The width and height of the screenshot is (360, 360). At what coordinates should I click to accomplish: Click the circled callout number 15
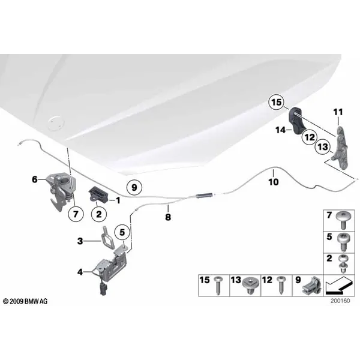[x=277, y=102]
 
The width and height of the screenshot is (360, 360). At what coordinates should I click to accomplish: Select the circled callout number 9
[x=134, y=188]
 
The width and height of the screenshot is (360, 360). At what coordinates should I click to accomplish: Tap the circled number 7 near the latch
[x=76, y=214]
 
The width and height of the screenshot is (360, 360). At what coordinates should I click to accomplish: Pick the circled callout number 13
[x=323, y=146]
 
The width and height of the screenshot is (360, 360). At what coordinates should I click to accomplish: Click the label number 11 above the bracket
[x=338, y=112]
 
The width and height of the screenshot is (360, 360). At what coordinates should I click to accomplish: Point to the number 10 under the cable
[x=274, y=182]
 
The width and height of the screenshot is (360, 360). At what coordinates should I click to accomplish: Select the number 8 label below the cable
[x=168, y=217]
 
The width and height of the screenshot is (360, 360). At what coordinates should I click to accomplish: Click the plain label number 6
[x=35, y=179]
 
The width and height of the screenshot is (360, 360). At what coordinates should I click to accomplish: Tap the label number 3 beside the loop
[x=80, y=241]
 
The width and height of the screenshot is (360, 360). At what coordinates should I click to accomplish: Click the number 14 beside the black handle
[x=281, y=130]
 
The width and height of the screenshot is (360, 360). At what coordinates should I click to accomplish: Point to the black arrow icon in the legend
[x=339, y=286]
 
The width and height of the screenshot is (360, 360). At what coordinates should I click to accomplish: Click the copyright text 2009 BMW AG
[x=25, y=301]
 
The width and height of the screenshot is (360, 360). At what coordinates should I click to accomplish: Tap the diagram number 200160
[x=340, y=301]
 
